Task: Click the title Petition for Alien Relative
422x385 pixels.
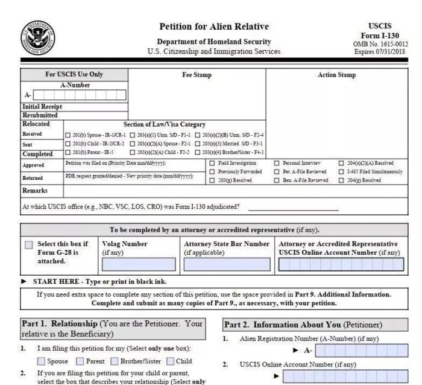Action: click(x=214, y=27)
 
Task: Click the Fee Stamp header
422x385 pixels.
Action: click(x=197, y=75)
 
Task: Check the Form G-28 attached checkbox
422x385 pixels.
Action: click(x=29, y=245)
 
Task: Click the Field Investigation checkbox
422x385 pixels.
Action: click(x=212, y=163)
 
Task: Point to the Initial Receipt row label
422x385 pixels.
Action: click(x=42, y=106)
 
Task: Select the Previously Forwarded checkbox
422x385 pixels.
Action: click(x=212, y=171)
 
